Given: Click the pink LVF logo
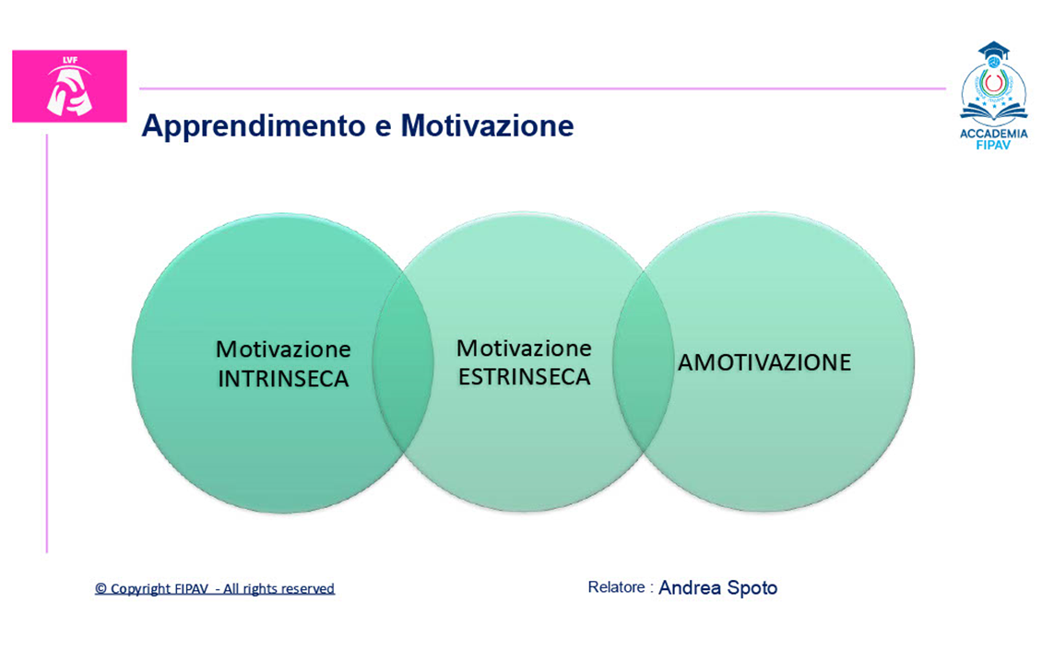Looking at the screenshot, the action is [69, 86].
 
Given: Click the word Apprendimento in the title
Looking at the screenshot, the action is [253, 126].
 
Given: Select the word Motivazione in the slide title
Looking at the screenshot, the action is [487, 125].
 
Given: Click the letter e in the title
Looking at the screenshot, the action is [383, 127].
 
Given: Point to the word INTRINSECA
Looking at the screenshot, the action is [283, 379].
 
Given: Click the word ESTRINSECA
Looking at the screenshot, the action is [525, 377].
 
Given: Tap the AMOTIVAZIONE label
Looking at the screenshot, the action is [764, 363].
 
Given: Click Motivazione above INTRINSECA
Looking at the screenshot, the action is [283, 349].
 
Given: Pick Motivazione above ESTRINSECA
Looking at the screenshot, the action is [524, 348].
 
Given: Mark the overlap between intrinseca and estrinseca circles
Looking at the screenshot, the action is [403, 363].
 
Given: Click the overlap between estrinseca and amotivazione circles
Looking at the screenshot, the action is [644, 363].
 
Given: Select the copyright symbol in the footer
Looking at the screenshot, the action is [101, 589].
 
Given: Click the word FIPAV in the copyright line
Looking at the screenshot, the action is [192, 589].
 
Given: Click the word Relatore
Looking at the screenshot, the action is [616, 587].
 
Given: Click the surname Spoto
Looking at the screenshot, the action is [752, 588].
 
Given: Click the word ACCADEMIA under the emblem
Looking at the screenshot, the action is [993, 134].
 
